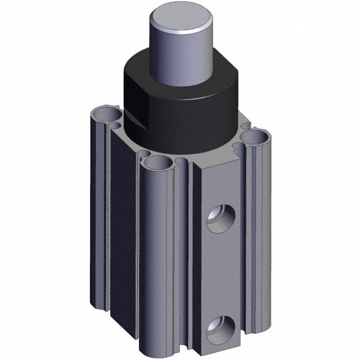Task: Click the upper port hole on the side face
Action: (219, 219)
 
